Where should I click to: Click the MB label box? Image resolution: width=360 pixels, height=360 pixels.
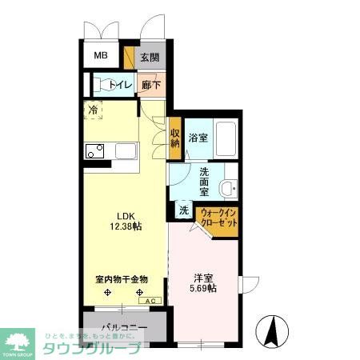101,55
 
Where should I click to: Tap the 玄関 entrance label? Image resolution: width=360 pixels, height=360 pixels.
149,57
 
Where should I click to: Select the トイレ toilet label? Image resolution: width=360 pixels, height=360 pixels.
121,86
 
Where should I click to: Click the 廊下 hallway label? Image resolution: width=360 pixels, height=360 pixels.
150,86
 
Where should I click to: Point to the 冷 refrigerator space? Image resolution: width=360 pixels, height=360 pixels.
94,110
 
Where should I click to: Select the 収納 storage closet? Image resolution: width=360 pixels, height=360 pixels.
175,138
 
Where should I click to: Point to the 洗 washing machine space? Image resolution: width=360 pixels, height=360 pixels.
183,210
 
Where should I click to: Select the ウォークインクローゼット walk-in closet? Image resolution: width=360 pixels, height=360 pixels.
218,218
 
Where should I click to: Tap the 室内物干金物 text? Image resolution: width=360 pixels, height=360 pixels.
122,280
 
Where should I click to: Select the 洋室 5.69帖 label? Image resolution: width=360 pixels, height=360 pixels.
203,283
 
